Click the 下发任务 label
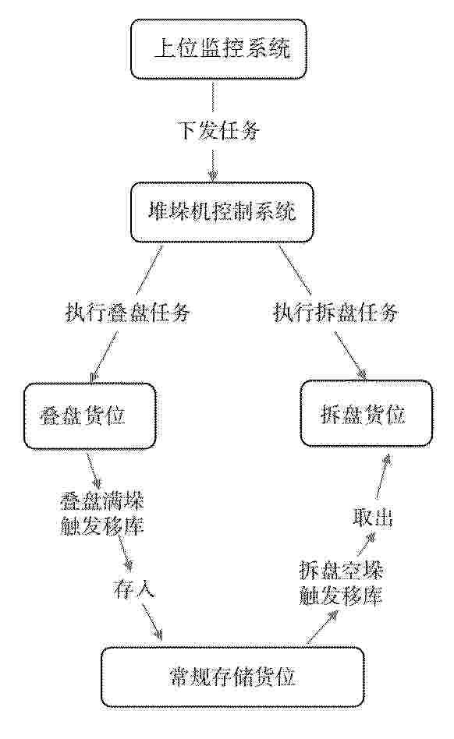click(x=218, y=130)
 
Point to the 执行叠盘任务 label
click(x=127, y=313)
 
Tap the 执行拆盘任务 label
click(x=336, y=313)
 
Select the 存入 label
click(x=134, y=589)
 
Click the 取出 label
click(x=373, y=518)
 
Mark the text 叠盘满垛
click(x=102, y=501)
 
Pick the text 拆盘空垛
click(x=341, y=571)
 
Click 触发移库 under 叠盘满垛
click(x=102, y=525)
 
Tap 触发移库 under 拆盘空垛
click(x=341, y=596)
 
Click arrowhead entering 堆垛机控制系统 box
click(x=214, y=176)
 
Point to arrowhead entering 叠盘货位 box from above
click(x=93, y=375)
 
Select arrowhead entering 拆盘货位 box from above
click(x=362, y=373)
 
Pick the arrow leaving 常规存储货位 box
click(x=322, y=627)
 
